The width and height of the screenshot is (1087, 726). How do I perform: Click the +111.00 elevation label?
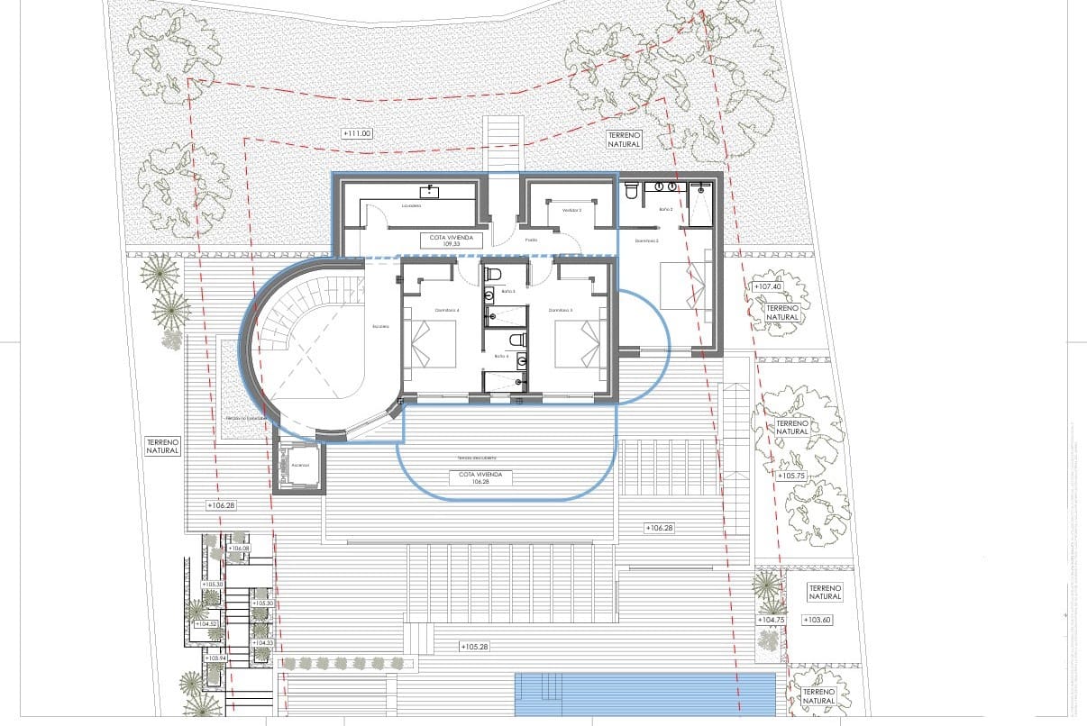(358, 133)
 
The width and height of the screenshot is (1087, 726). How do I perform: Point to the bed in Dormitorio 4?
(434, 345)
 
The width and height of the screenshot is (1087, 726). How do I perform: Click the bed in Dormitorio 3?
(578, 345)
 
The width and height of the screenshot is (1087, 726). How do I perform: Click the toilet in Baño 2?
(632, 190)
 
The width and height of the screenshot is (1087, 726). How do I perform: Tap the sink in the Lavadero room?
(430, 191)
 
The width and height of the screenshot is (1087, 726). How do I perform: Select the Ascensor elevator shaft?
(300, 467)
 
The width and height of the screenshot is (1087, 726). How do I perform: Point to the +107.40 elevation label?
(768, 286)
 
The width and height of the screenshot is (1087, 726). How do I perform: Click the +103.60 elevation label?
(823, 620)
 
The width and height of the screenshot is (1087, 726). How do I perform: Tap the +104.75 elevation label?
(772, 620)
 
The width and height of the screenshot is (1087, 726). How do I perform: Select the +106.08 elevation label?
(239, 548)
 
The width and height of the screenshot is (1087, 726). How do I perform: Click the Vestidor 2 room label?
(571, 210)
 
